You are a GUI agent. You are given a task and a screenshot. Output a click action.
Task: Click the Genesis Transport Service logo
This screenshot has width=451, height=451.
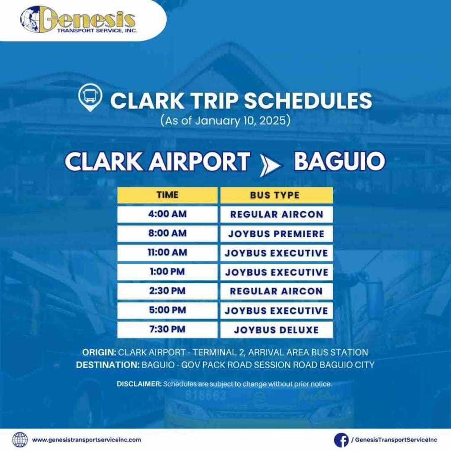(78, 19)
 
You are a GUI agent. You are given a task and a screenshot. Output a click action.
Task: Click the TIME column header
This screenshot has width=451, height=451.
(167, 195)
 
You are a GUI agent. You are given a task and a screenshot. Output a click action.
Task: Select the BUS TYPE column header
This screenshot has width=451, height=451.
(276, 195)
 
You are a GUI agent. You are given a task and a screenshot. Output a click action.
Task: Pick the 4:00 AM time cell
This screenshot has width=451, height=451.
(167, 214)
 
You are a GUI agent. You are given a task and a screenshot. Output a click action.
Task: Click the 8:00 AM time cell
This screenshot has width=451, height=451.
(167, 234)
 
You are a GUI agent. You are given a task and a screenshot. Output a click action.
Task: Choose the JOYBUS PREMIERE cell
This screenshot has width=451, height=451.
(276, 234)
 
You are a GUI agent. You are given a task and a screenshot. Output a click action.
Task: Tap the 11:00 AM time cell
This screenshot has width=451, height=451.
(167, 253)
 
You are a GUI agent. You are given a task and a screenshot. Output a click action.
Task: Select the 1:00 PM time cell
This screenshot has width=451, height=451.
(167, 272)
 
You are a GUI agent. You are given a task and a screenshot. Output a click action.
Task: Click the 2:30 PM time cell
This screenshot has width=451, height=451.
(167, 291)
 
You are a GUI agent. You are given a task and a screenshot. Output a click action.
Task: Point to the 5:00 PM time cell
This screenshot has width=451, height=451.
(167, 310)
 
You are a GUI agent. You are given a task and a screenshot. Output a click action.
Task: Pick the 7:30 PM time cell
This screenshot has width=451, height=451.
(167, 330)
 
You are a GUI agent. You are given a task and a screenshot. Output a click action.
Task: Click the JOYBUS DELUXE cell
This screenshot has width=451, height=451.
(276, 330)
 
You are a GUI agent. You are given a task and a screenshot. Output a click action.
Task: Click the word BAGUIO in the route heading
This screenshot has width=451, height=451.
(339, 161)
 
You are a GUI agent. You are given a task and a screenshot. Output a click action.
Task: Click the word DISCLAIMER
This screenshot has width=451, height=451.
(139, 384)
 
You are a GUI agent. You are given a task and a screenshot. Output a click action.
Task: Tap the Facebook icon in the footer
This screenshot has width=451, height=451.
(341, 440)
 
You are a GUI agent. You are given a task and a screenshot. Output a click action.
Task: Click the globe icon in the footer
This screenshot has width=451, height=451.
(20, 440)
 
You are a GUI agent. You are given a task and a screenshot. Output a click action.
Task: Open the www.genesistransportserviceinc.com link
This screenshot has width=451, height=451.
(87, 440)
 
